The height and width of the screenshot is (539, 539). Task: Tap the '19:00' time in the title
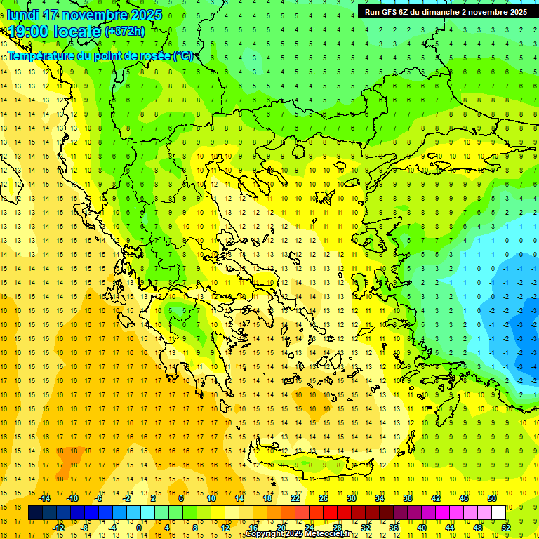click(26, 31)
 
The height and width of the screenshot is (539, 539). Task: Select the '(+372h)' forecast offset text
click(125, 32)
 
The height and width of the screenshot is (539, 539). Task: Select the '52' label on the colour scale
click(506, 528)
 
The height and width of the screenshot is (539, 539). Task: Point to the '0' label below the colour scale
click(138, 528)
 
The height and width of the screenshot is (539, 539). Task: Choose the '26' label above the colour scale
click(324, 498)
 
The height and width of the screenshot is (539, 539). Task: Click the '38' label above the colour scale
click(407, 498)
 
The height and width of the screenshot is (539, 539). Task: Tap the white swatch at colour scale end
click(498, 513)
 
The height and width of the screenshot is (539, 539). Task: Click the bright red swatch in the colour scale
click(330, 513)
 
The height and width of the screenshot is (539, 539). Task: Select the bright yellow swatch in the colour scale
click(218, 513)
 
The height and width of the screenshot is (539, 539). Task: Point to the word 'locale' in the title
click(76, 31)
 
